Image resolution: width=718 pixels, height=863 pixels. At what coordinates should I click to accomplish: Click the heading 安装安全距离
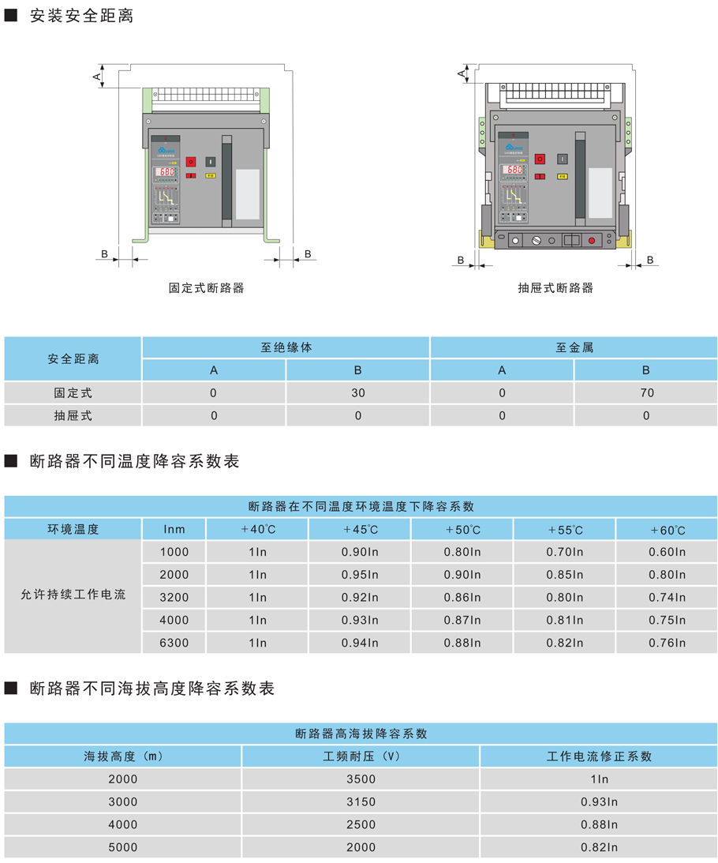click(81, 15)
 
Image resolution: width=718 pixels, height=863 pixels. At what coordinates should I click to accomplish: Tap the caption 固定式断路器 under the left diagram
click(207, 288)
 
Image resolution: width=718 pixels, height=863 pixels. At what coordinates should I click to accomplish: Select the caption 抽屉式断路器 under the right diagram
click(555, 288)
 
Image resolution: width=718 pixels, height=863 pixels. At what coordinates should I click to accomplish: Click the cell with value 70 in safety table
click(646, 392)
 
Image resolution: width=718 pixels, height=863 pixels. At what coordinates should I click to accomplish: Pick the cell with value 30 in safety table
click(358, 392)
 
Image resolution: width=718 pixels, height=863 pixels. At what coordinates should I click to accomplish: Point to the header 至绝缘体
click(286, 347)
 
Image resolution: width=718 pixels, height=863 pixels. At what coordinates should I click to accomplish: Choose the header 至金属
click(574, 347)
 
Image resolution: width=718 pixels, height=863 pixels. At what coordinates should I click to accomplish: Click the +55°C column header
click(565, 529)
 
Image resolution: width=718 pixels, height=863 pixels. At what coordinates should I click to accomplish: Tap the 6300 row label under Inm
click(174, 643)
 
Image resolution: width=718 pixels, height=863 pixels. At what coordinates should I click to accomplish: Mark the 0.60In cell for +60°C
click(668, 552)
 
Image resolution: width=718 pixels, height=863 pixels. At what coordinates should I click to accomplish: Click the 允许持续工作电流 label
click(73, 597)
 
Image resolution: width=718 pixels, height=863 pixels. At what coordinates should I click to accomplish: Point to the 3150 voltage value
click(361, 801)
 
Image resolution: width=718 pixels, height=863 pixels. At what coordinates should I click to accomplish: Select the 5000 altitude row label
click(122, 847)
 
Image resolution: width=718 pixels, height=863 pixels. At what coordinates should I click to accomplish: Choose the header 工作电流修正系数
click(600, 756)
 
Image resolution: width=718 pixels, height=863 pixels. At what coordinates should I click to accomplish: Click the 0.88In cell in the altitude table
click(600, 824)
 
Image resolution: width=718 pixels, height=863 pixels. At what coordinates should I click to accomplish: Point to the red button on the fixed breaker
click(190, 161)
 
